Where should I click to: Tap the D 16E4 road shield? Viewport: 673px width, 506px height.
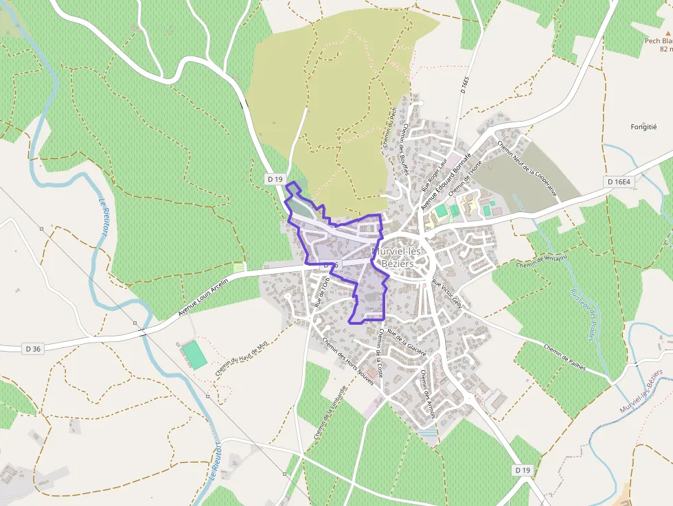tap(619, 181)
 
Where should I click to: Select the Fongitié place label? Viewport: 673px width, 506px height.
tap(643, 127)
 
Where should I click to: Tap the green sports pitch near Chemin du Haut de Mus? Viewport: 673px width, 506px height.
tap(194, 355)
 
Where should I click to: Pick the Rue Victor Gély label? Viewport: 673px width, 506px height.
tap(448, 294)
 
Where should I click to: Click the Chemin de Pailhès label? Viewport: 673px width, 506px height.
tap(564, 357)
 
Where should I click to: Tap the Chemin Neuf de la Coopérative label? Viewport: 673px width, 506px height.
tap(529, 169)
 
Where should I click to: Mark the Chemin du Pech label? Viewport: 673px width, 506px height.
tap(389, 127)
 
